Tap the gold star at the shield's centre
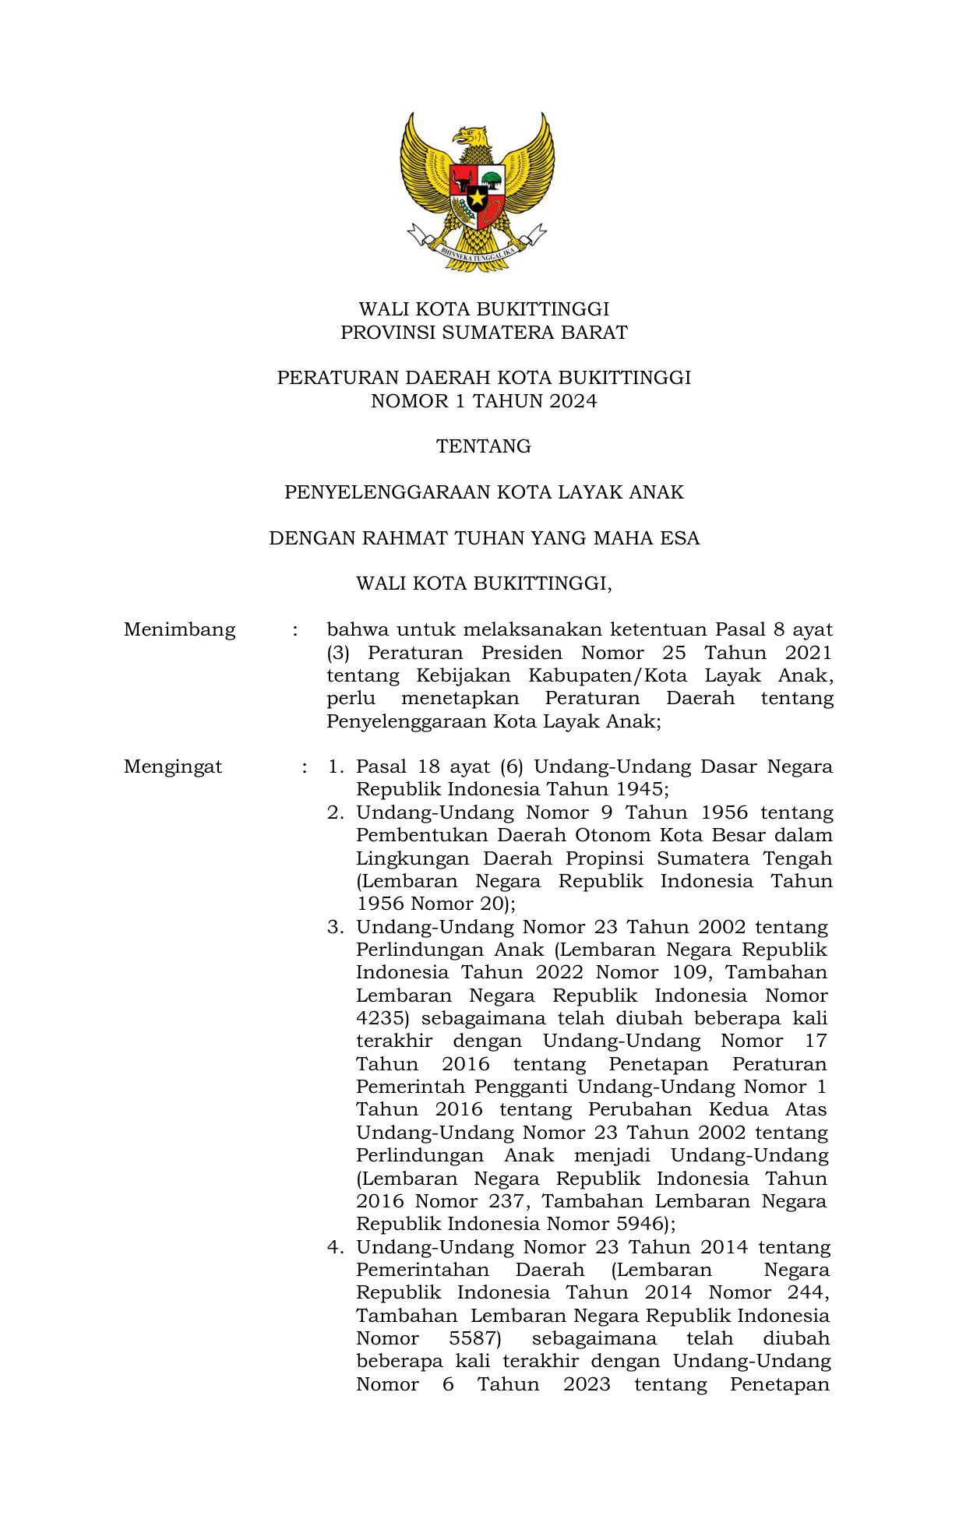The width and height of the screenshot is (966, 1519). (477, 198)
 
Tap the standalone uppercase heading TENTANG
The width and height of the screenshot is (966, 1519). (483, 446)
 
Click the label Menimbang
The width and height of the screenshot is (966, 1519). (179, 629)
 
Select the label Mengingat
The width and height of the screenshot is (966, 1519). (173, 767)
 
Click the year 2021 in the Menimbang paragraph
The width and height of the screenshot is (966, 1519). (808, 653)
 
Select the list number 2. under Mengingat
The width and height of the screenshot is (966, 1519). (335, 812)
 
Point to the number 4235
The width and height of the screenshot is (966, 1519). (382, 1018)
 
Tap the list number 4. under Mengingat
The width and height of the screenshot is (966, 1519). (335, 1247)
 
